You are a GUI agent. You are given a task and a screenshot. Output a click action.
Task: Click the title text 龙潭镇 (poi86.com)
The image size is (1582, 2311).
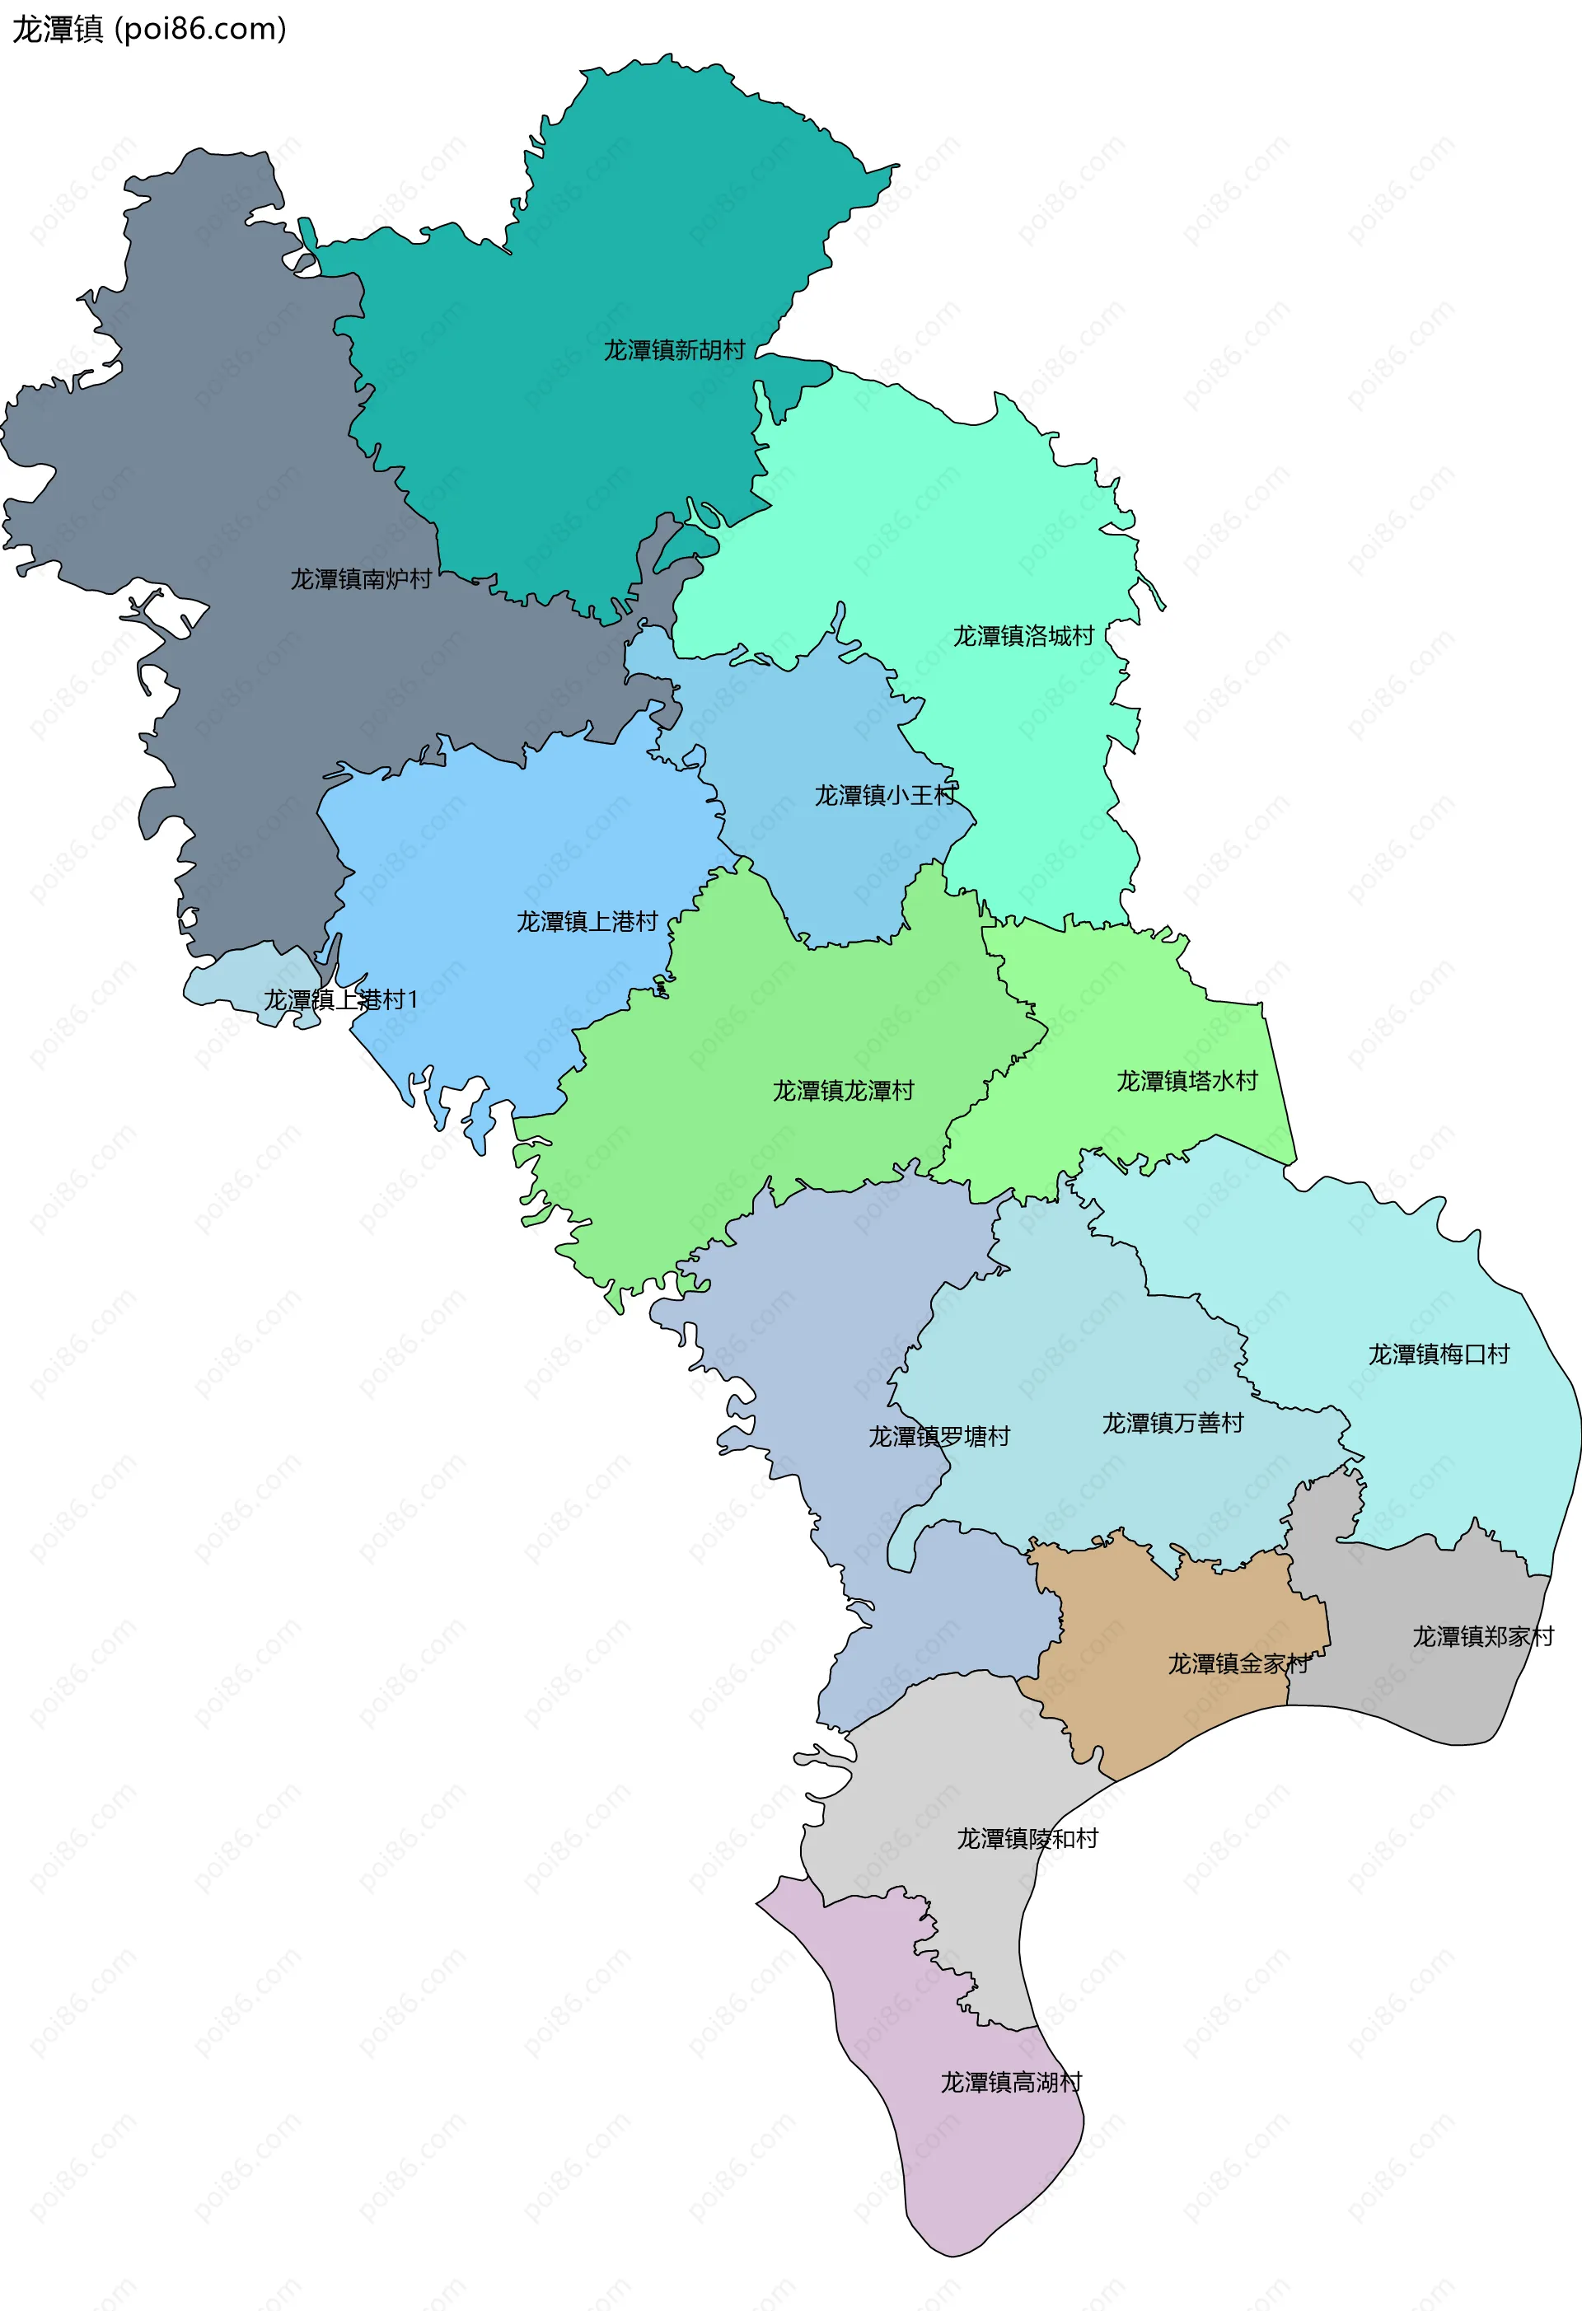coord(149,30)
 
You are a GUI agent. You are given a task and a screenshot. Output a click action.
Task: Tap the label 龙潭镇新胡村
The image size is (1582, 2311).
coord(674,350)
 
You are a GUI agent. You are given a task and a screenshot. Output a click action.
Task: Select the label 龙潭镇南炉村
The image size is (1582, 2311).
coord(361,578)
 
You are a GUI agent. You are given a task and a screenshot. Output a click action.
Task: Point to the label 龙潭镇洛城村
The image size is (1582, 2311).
coord(1023,636)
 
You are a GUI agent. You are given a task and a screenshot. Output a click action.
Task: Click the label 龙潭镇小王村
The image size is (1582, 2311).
coord(885,796)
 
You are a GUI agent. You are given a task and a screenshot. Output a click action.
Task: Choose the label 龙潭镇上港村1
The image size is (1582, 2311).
coord(340,999)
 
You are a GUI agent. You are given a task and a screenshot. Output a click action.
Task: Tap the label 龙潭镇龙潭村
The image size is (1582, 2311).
coord(843,1091)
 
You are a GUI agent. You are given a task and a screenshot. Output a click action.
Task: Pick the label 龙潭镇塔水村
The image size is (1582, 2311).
coord(1186,1081)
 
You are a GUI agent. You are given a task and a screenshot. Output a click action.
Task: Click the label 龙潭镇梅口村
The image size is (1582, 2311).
coord(1438,1354)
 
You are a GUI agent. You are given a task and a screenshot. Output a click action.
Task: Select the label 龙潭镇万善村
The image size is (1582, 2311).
coord(1172,1423)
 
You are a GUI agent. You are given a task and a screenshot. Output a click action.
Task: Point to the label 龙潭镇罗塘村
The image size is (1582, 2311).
coord(938,1436)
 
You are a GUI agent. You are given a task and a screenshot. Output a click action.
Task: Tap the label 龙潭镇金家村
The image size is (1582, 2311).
coord(1238,1663)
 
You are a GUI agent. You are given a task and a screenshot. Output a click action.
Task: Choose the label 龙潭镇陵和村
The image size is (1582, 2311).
coord(1027,1839)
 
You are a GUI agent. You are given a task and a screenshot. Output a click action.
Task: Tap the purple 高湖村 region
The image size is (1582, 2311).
coord(955,2168)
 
